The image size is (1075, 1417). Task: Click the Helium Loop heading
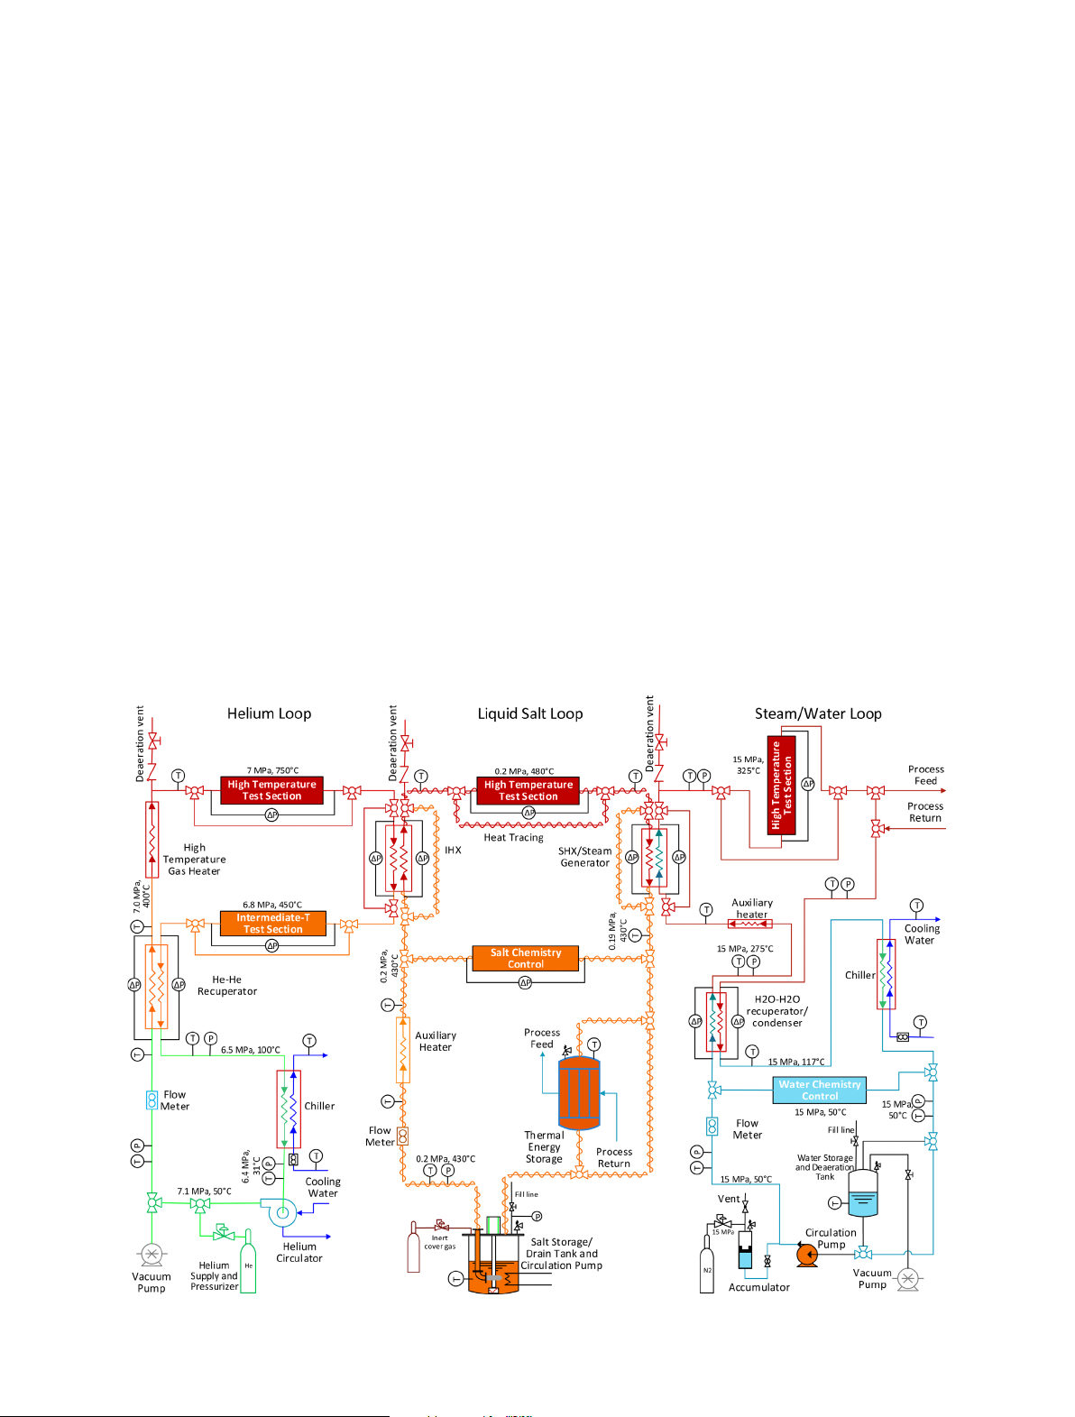[x=269, y=713]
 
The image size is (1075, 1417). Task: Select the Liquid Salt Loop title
[x=530, y=713]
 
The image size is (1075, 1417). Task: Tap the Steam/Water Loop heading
[x=818, y=713]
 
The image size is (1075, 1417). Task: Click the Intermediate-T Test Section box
[x=272, y=924]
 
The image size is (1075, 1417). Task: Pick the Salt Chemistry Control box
[x=525, y=958]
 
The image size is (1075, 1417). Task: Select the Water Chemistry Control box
[x=819, y=1090]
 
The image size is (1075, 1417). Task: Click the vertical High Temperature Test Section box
[x=782, y=786]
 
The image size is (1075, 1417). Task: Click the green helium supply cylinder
[x=248, y=1268]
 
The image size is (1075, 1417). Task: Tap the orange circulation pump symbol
[x=807, y=1254]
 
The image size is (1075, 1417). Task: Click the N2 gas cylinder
[x=707, y=1266]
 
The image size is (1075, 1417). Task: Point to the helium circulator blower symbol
[x=281, y=1212]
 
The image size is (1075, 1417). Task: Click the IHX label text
[x=453, y=851]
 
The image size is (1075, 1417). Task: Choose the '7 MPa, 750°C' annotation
[x=272, y=770]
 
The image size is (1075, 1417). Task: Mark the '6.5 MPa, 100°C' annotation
[x=250, y=1050]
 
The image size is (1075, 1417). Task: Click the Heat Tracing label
[x=513, y=838]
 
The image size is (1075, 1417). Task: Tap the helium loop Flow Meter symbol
[x=152, y=1100]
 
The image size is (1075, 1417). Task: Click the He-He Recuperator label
[x=227, y=985]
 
